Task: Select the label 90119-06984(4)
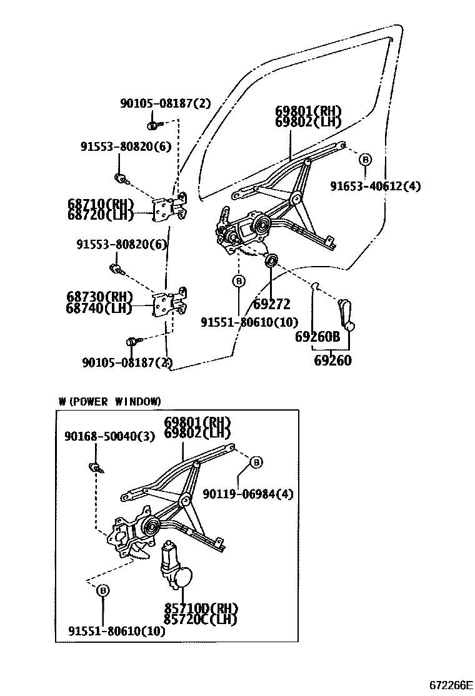coord(247,494)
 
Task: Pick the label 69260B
coord(317,336)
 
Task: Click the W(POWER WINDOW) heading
coord(110,401)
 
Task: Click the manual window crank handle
coord(346,313)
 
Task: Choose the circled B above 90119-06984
coord(256,463)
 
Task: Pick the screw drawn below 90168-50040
coord(96,466)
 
